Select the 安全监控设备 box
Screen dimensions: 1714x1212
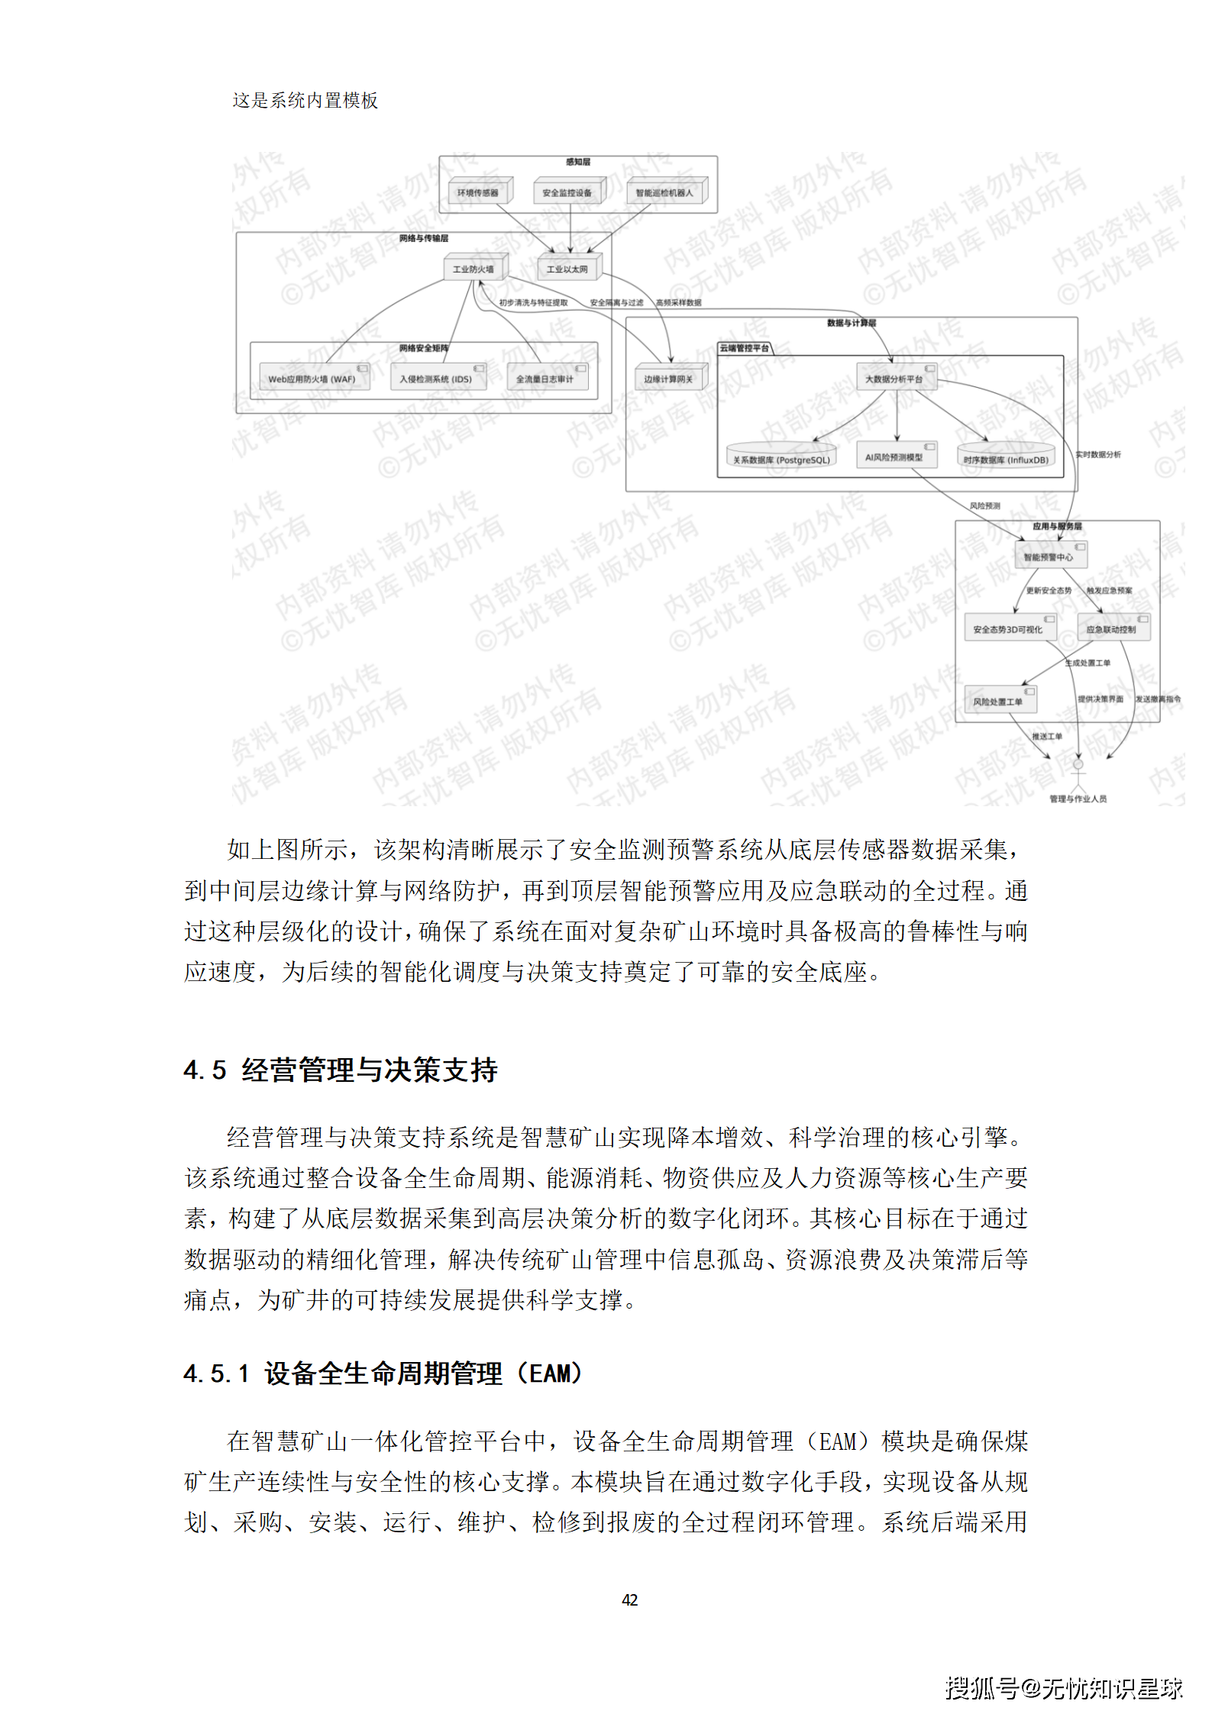[567, 192]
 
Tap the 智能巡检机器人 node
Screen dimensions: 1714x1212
[664, 192]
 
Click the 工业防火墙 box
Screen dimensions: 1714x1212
[473, 269]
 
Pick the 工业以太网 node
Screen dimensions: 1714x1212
[567, 269]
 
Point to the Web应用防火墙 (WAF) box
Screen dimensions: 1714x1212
[312, 379]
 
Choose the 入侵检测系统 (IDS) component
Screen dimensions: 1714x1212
[436, 379]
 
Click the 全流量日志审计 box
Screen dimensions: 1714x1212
[545, 379]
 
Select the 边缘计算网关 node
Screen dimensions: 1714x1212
[668, 379]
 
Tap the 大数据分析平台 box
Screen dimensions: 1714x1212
[894, 379]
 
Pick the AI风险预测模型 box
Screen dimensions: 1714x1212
[894, 457]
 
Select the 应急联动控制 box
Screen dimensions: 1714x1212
[1111, 629]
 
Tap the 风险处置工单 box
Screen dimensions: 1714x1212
[998, 701]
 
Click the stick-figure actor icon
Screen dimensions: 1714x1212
[1078, 773]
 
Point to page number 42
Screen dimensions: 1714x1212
[629, 1599]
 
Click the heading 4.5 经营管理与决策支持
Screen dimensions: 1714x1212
[341, 1070]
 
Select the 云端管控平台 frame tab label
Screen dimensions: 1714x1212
[745, 348]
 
